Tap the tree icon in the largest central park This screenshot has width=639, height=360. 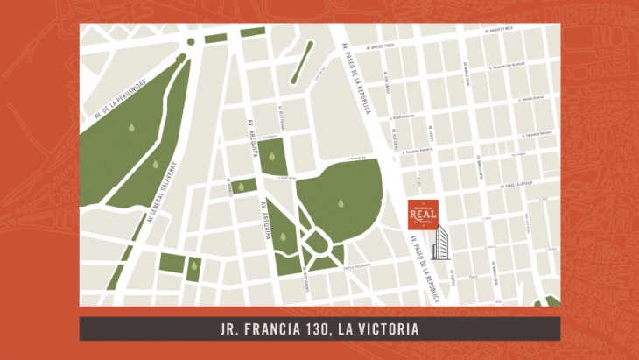pyautogui.click(x=341, y=204)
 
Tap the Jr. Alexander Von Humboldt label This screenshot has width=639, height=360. pyautogui.click(x=511, y=66)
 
